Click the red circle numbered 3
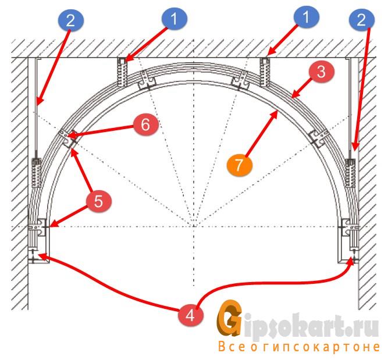point(321,72)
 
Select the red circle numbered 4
point(190,315)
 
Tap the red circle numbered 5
point(98,201)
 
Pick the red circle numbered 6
point(145,124)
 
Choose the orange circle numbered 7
point(239,165)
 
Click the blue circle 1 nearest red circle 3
point(307,17)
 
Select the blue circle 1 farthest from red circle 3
point(174,19)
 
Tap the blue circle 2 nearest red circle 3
point(361,20)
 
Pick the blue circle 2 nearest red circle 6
point(70,20)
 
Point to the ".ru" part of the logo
point(362,327)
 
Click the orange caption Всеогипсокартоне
point(299,347)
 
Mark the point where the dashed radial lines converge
point(194,226)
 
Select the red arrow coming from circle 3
point(301,88)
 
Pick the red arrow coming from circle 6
point(100,131)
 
